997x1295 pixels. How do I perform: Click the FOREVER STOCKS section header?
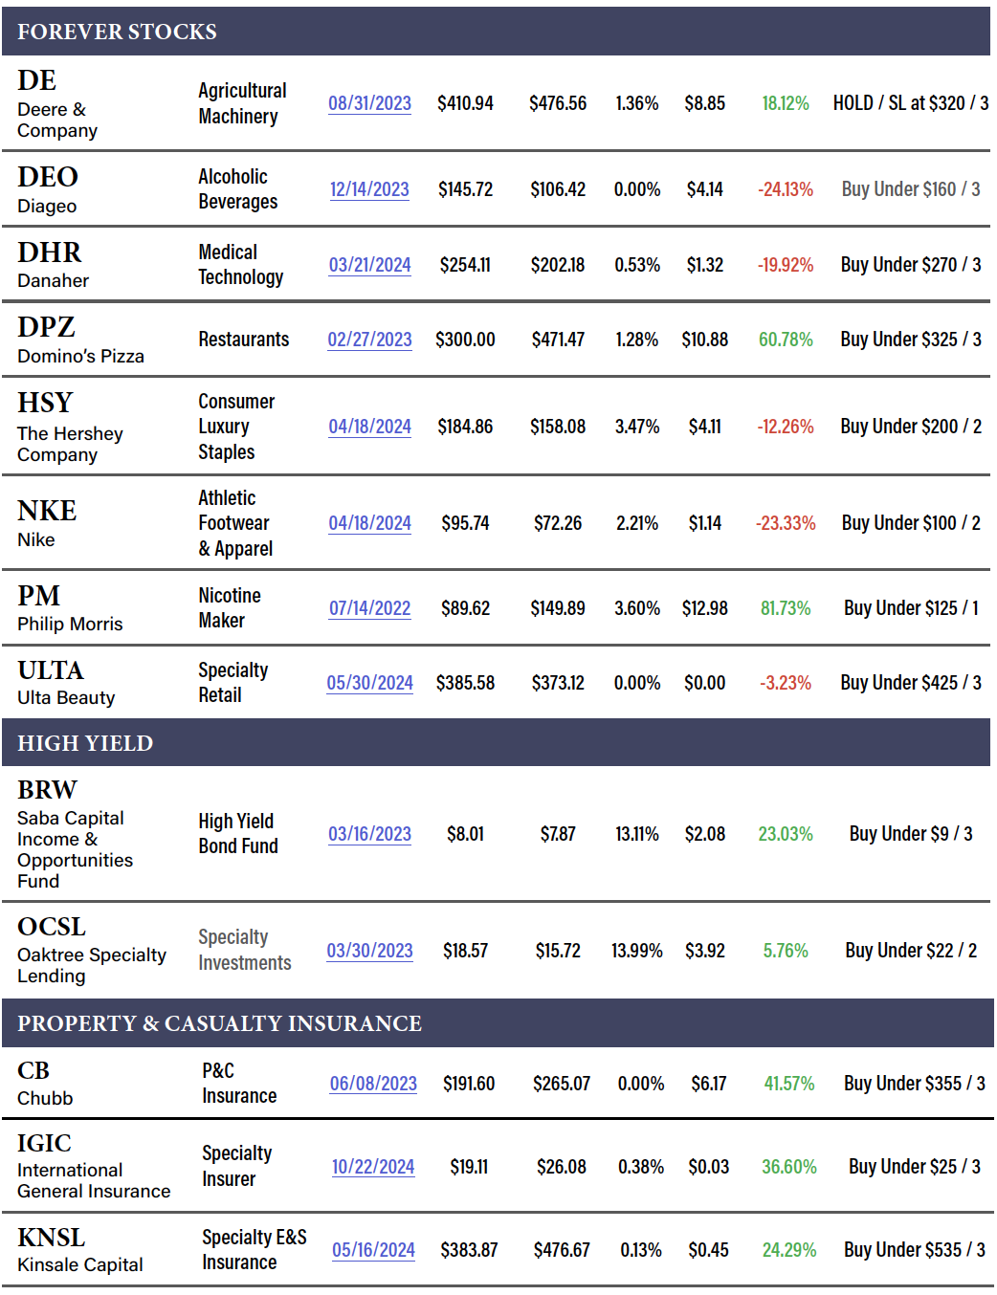pos(117,32)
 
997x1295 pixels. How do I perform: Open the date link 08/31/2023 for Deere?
pos(369,103)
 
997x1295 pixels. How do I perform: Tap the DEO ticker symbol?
pos(48,177)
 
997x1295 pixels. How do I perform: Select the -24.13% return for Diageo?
pos(786,189)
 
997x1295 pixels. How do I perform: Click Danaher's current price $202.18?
pos(558,265)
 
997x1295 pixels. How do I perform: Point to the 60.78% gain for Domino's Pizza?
pos(786,340)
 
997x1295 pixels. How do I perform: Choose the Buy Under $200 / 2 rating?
pos(911,427)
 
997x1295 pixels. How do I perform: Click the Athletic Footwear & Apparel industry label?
pos(235,523)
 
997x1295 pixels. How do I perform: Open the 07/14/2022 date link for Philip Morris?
pos(369,608)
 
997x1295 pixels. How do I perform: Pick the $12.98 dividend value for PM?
pos(705,608)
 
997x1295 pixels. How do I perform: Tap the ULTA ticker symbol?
pos(51,670)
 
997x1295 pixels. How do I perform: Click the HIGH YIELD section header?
pos(85,743)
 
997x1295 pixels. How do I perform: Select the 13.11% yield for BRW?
pos(637,834)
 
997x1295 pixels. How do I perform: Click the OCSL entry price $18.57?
pos(465,951)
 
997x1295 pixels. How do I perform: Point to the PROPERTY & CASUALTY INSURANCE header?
pos(219,1023)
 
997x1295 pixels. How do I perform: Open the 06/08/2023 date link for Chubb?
pos(373,1084)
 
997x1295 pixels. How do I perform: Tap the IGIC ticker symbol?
pos(44,1143)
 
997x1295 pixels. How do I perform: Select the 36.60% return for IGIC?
pos(789,1167)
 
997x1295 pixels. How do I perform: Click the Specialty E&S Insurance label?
pos(255,1250)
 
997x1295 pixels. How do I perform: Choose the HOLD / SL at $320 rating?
pos(910,103)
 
